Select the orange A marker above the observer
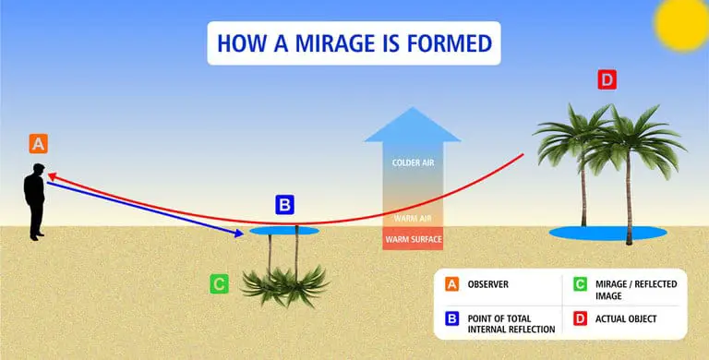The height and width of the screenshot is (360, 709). pos(38,143)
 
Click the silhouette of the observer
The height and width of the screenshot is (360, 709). pos(36,201)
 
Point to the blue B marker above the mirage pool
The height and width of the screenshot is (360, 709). pos(285,204)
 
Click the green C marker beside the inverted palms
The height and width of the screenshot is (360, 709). pos(219,282)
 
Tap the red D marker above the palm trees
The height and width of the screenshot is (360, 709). pos(607,80)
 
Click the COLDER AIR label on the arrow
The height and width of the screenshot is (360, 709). pos(413,162)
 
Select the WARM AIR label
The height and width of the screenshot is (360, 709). pos(413,219)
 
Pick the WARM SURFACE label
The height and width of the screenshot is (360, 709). pos(413,240)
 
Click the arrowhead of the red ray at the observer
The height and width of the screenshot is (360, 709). pos(52,175)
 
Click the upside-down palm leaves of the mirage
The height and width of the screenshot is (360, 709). pos(285,282)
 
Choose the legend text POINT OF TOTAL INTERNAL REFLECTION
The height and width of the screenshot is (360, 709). pos(511,323)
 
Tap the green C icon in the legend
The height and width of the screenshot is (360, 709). pos(581,284)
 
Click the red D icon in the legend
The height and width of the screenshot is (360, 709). pos(581,319)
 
